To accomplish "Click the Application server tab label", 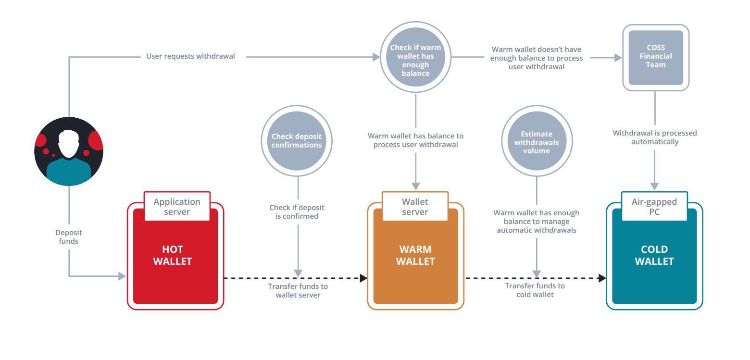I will [x=177, y=207].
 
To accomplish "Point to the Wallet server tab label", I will [x=415, y=207].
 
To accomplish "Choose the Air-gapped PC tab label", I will [x=654, y=207].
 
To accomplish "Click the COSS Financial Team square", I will [x=656, y=57].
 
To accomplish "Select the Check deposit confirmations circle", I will [x=297, y=141].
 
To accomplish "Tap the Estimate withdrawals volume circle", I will [x=537, y=142].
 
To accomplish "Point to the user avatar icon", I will [x=69, y=151].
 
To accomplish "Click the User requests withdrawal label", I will [x=190, y=56].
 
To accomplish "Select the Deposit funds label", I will [x=68, y=237].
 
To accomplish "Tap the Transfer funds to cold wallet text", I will [x=535, y=290].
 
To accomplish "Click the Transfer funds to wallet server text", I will [x=298, y=290].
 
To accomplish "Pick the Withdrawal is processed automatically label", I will [x=654, y=137].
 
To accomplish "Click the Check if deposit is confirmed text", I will [x=297, y=212].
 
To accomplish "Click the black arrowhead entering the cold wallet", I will [x=602, y=278].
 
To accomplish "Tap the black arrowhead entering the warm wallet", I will [x=363, y=278].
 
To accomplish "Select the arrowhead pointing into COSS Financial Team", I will [x=618, y=57].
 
